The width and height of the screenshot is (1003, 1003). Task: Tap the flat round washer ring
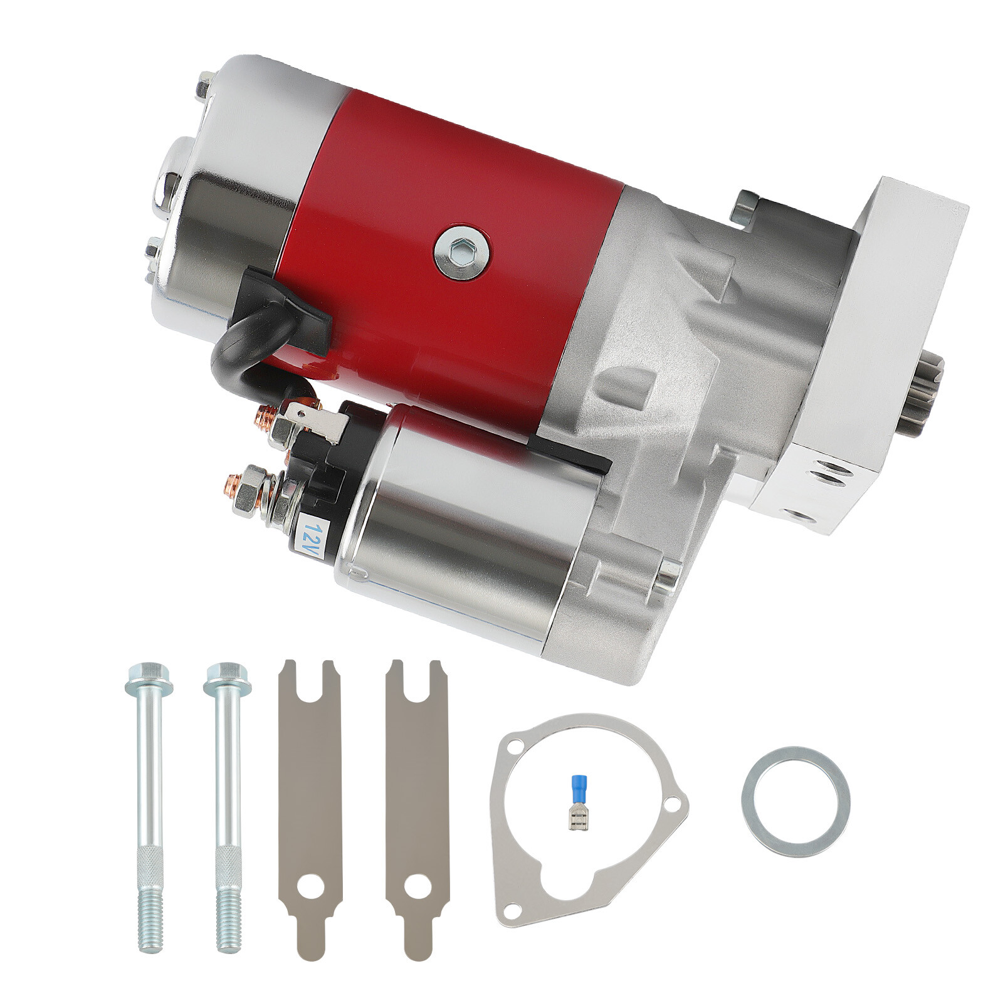point(796,802)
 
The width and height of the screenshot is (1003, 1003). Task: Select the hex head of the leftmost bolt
point(143,676)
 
